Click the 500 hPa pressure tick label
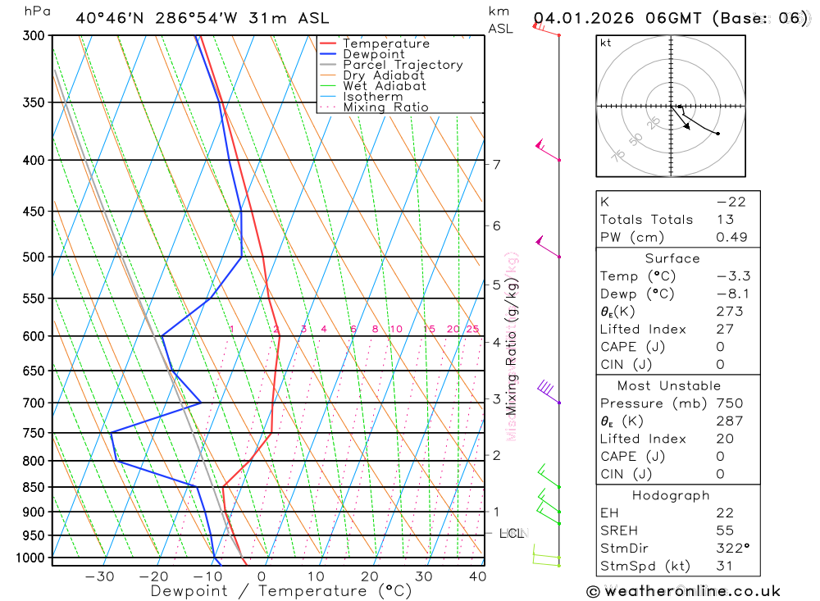point(33,257)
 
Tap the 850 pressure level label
point(33,488)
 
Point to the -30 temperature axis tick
point(99,576)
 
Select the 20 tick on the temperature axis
point(369,576)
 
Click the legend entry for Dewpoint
point(374,54)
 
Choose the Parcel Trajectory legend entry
point(403,65)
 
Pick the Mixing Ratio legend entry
point(385,107)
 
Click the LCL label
point(511,534)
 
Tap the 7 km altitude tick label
point(497,164)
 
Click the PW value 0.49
point(731,237)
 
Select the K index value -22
point(731,202)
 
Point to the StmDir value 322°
point(731,549)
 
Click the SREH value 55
point(725,530)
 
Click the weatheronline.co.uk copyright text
point(683,590)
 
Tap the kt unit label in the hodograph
point(606,43)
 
